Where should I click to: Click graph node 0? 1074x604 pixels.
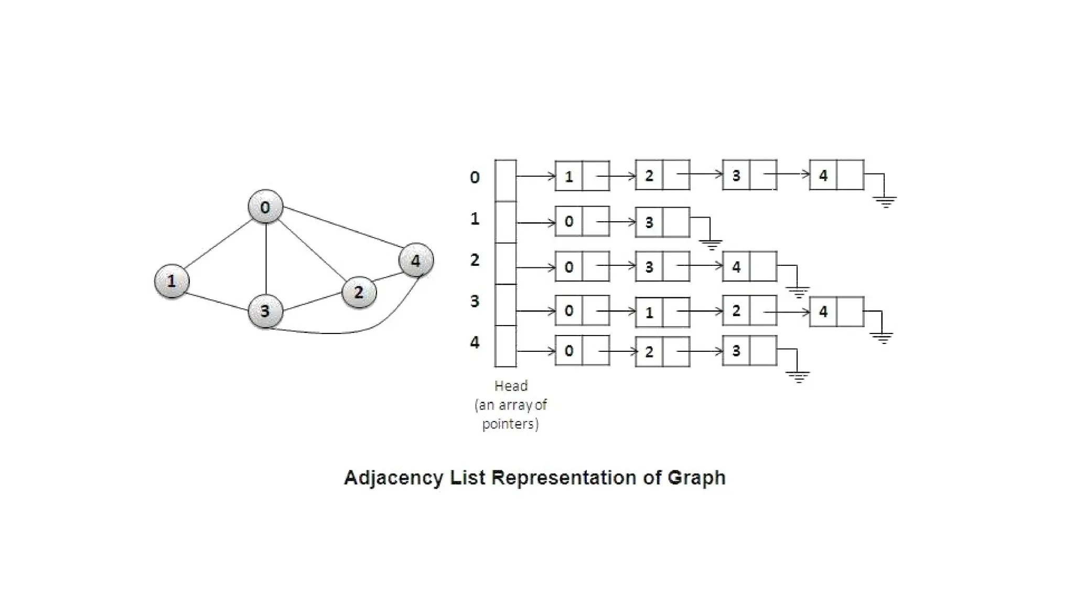pos(265,207)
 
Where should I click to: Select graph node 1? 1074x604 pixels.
pos(171,281)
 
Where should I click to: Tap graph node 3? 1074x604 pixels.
pos(265,310)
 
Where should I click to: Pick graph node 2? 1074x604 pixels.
pos(359,292)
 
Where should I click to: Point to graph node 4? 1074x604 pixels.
pos(416,260)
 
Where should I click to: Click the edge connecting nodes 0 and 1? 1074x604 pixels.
pos(218,244)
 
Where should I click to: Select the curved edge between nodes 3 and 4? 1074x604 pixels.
pos(357,330)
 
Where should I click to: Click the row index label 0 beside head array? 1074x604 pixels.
pos(475,177)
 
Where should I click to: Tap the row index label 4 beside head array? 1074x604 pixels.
pos(475,342)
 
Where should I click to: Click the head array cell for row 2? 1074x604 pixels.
pos(506,263)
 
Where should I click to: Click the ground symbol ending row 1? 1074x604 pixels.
pos(711,244)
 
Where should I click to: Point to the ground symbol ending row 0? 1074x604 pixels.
pos(885,201)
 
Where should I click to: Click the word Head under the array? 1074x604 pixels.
pos(511,386)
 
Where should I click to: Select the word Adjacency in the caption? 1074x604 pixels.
pos(393,478)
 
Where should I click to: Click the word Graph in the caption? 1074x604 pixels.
pos(696,478)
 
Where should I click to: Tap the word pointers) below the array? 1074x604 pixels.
pos(510,424)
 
